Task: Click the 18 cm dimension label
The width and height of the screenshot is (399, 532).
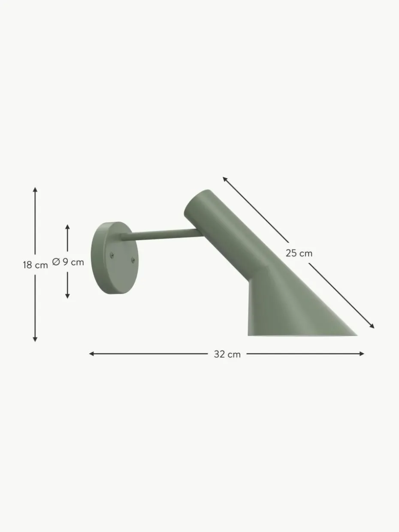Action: tap(35, 265)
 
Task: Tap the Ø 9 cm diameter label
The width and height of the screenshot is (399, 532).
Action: tap(68, 262)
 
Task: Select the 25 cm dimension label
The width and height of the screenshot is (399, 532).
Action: tap(299, 253)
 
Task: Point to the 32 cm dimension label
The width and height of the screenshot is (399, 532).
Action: tap(227, 354)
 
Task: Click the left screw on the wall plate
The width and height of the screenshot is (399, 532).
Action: tap(112, 254)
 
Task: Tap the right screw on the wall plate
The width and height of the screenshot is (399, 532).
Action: tap(133, 260)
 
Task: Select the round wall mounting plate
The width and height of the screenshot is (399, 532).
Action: tap(115, 258)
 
